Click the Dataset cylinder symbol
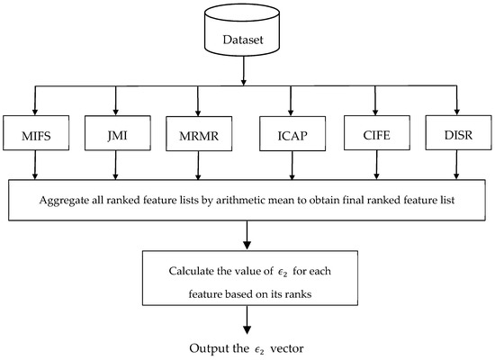[x=247, y=31]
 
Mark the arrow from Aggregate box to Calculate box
[x=247, y=231]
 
